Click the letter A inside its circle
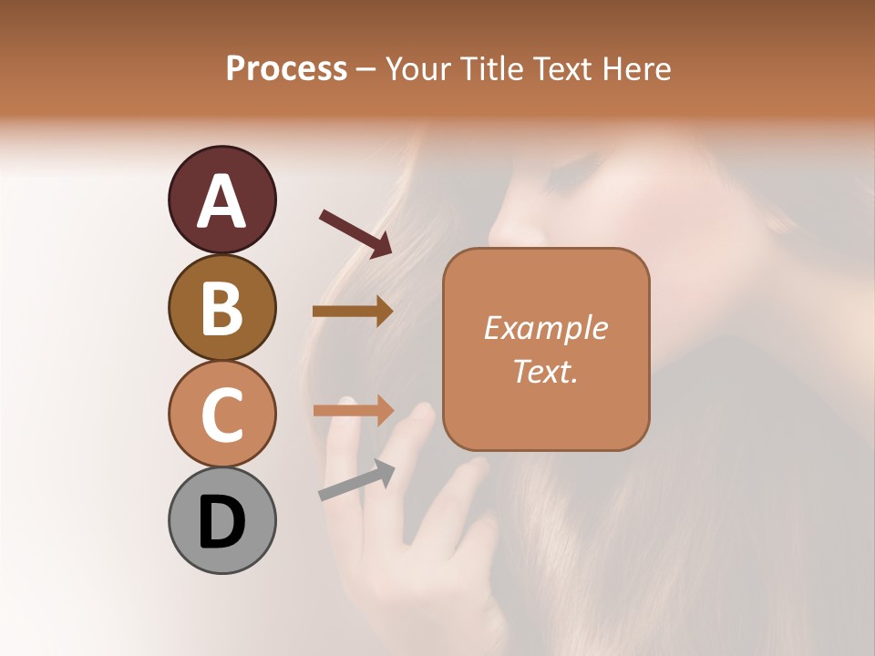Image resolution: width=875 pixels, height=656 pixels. tap(221, 201)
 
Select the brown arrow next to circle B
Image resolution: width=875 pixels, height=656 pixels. tap(354, 312)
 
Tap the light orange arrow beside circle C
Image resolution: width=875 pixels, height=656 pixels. tap(354, 410)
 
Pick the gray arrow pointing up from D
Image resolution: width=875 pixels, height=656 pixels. tap(357, 480)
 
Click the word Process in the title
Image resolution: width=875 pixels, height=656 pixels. tap(286, 68)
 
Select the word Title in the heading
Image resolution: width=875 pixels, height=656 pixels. tap(489, 68)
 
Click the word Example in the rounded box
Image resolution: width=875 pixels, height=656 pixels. tap(545, 328)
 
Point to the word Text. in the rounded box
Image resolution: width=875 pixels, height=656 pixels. tap(545, 371)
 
